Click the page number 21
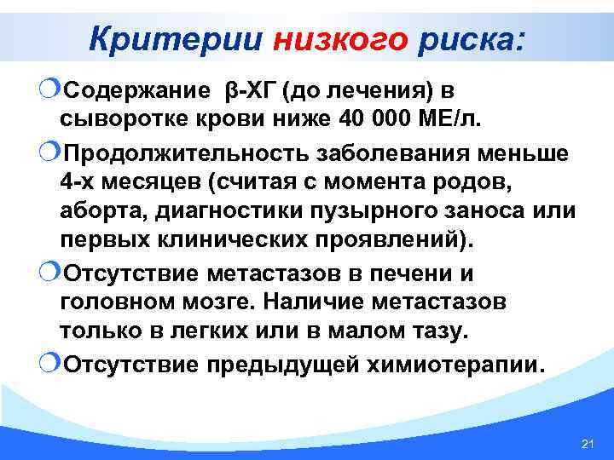point(586,444)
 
